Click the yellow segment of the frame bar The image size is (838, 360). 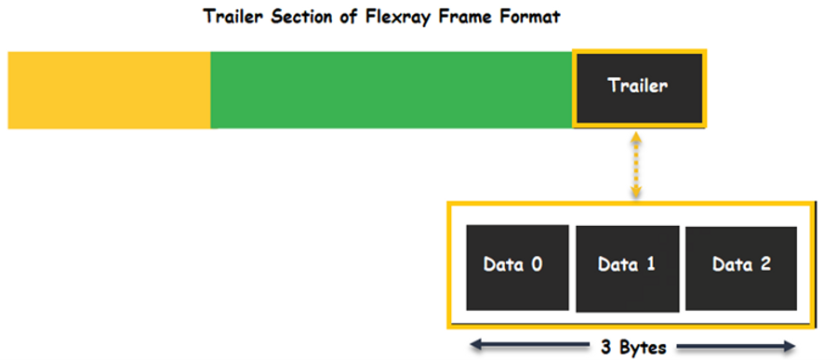109,90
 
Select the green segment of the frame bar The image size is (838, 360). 391,90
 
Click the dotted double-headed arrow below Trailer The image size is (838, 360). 636,166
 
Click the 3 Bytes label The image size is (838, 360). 632,348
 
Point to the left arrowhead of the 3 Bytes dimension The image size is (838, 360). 472,348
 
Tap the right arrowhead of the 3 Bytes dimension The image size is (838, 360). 793,348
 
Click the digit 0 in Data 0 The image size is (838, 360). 537,264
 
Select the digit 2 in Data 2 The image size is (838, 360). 765,264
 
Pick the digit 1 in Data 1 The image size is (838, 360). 651,264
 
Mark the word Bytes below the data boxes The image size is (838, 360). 641,348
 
